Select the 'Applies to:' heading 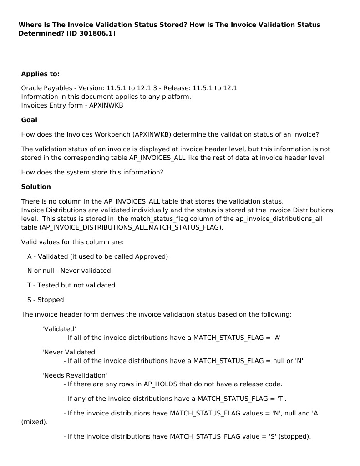(x=40, y=74)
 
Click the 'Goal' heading (x=29, y=120)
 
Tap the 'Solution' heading (x=36, y=187)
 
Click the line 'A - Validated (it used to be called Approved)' (x=97, y=256)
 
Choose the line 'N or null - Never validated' (x=69, y=271)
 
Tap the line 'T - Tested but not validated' (x=71, y=285)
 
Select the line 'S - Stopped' (x=46, y=300)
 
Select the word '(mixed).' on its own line (x=34, y=422)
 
